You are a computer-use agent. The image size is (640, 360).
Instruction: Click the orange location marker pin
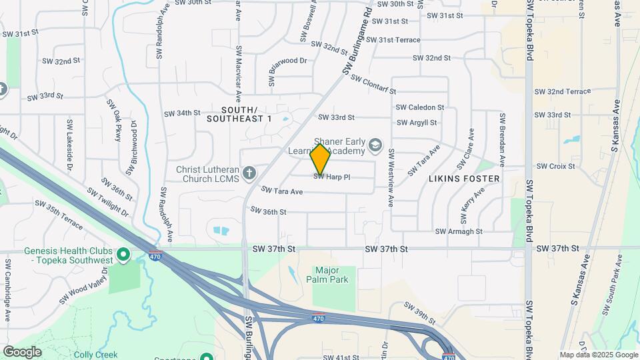pos(320,159)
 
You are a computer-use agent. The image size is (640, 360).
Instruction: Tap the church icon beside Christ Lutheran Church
pos(249,174)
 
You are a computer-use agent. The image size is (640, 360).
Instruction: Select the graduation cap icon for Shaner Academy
pos(375,145)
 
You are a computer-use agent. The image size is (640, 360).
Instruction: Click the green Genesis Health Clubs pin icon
pos(123,254)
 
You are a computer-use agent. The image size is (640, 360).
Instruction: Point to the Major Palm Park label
pos(331,275)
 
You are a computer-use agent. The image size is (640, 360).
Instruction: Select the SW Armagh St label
pos(459,231)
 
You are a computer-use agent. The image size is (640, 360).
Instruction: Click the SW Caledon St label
pos(420,107)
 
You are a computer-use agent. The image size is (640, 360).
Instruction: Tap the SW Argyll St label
pos(417,123)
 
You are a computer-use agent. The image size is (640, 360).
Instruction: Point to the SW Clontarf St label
pos(373,85)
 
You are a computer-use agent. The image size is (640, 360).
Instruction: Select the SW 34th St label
pos(183,113)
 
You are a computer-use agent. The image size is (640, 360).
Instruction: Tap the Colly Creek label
pos(97,355)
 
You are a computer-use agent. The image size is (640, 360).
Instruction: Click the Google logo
pos(22,351)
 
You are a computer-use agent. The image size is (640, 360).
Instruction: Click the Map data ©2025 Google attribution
pos(598,355)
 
